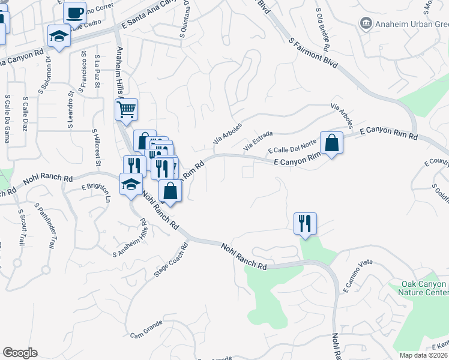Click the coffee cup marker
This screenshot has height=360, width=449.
coord(75,13)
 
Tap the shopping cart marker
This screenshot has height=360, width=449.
coord(126,110)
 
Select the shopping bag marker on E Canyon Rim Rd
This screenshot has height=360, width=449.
coord(331,143)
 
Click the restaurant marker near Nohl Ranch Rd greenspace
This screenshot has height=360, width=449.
coord(305,224)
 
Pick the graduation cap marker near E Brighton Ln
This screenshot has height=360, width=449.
coord(131,185)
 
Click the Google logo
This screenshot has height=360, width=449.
coord(20,353)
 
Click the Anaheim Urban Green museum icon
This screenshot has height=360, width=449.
coord(366,23)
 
